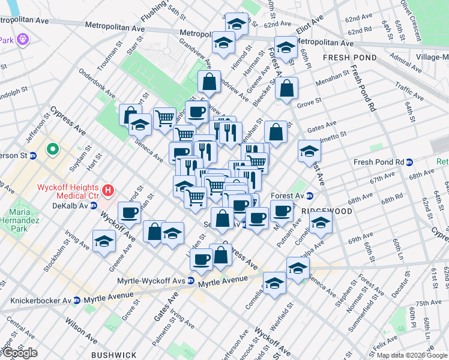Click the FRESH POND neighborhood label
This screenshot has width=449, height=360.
pyautogui.click(x=349, y=58)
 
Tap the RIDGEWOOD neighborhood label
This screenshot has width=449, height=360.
pyautogui.click(x=327, y=211)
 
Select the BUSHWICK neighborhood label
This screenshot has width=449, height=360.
pyautogui.click(x=115, y=355)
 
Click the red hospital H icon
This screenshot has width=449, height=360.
pyautogui.click(x=108, y=191)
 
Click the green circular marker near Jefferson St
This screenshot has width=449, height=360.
pyautogui.click(x=52, y=149)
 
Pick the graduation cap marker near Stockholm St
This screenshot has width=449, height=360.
pyautogui.click(x=104, y=241)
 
